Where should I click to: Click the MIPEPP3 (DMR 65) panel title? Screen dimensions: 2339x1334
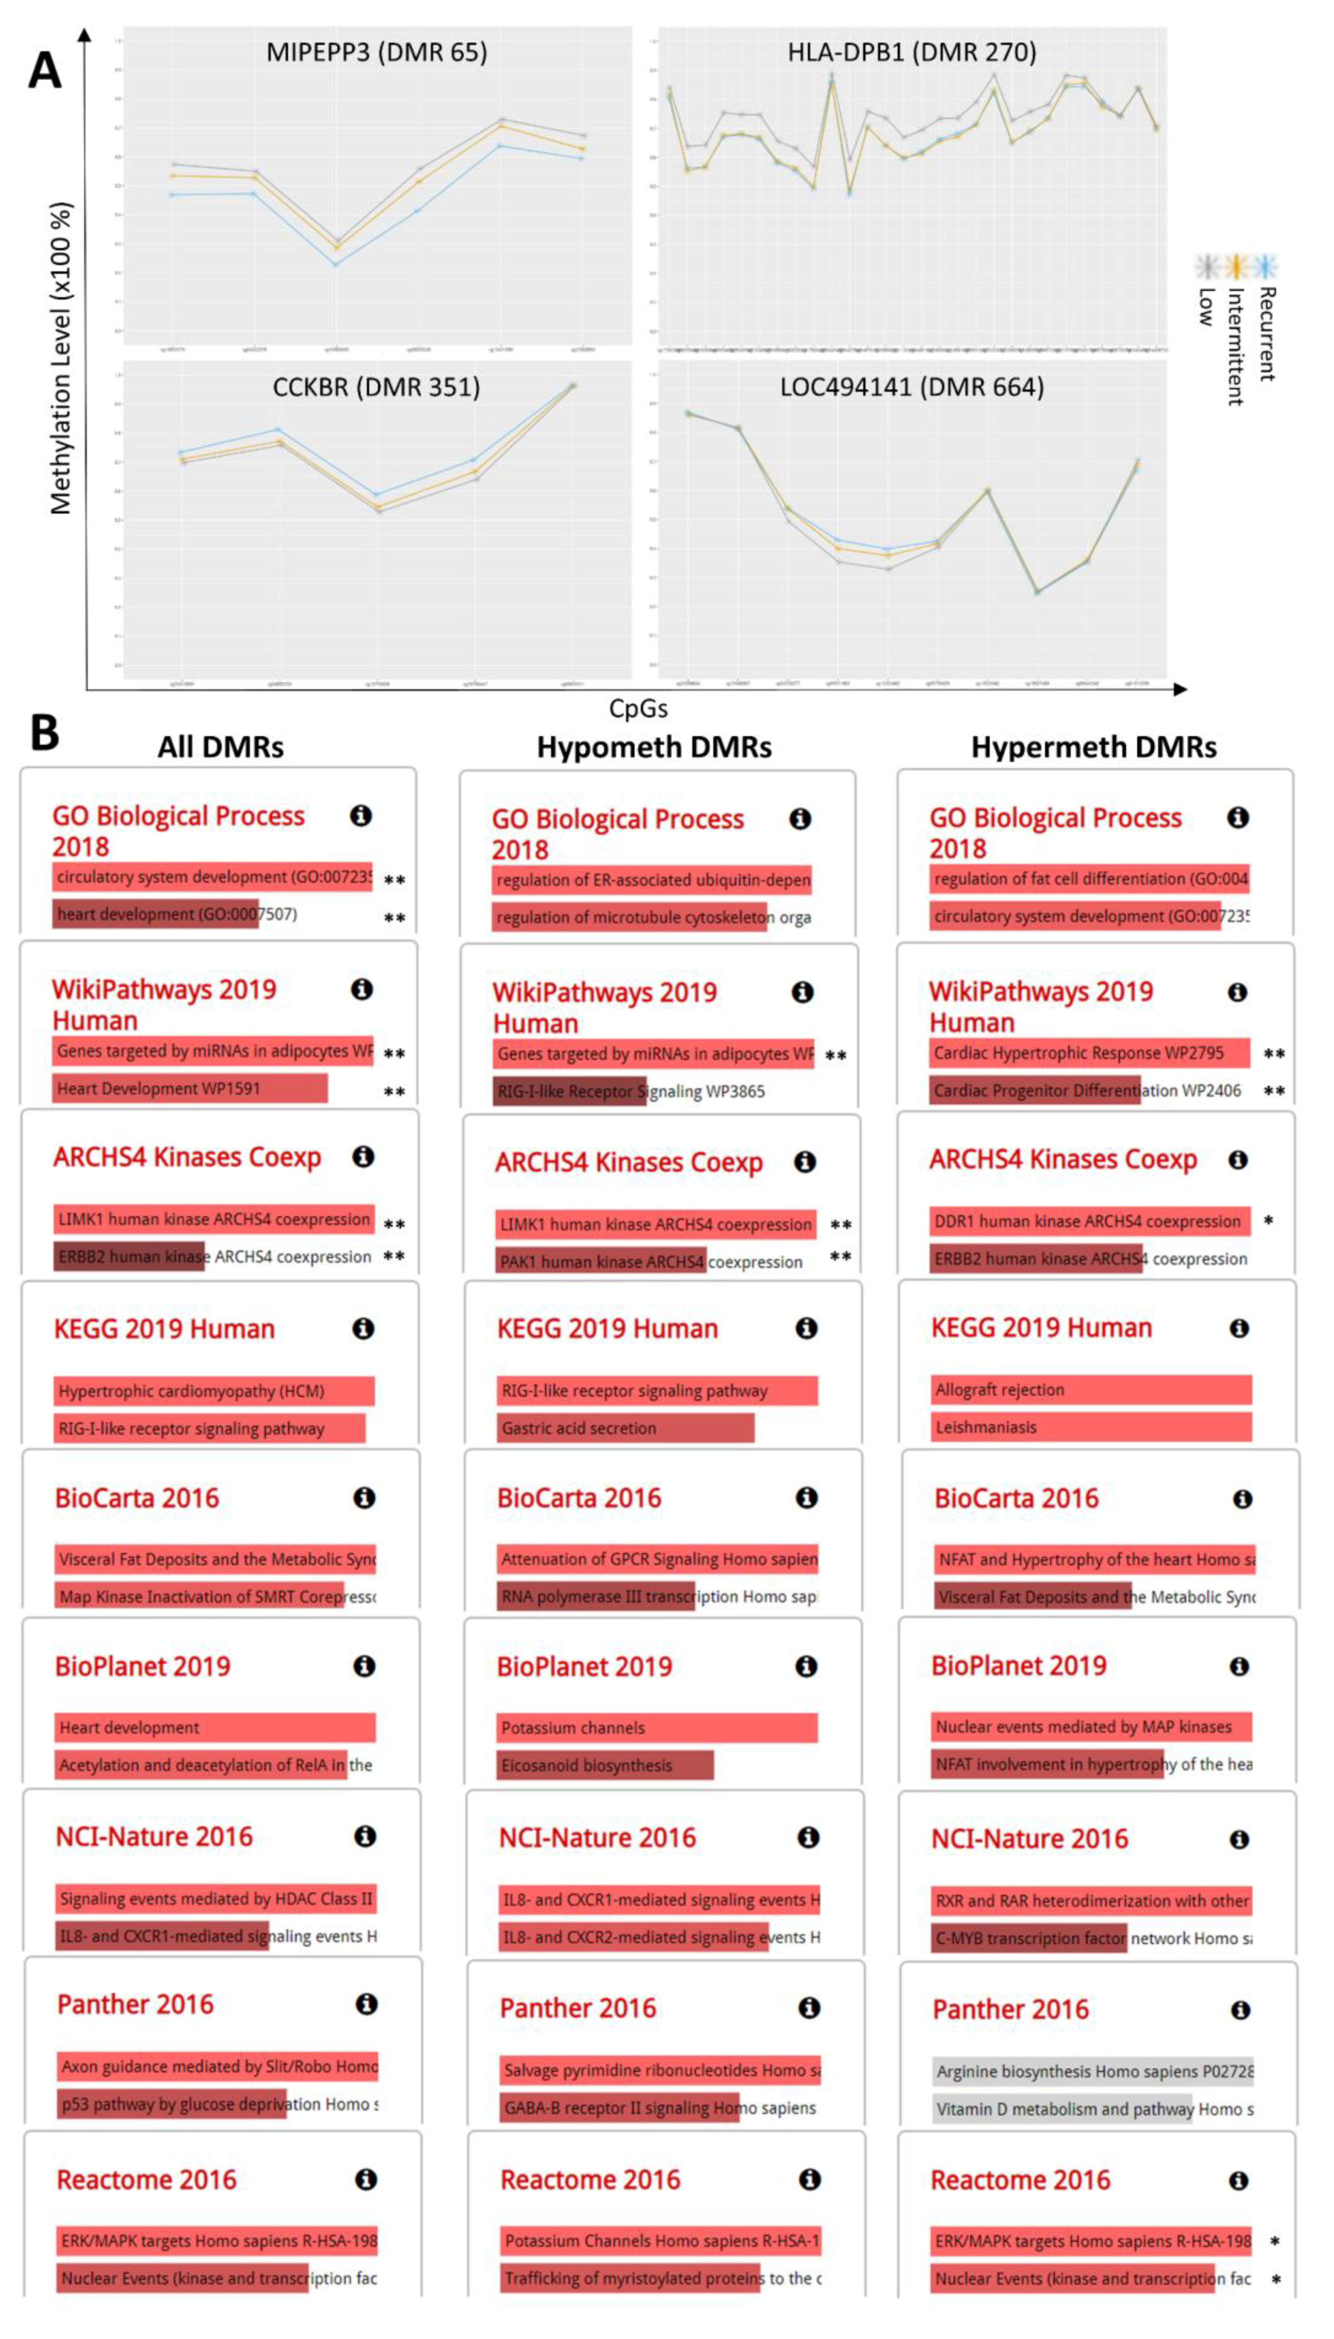(377, 52)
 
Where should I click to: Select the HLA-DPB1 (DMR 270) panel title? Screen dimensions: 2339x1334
(912, 52)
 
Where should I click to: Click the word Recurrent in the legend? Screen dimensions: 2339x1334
(1266, 334)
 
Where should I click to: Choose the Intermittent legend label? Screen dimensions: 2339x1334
(1235, 347)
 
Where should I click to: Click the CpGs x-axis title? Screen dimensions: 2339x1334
(639, 709)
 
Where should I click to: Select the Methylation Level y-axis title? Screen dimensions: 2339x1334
(60, 357)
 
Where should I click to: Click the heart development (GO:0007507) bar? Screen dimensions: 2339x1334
(156, 914)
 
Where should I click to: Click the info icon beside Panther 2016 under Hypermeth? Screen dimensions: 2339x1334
(1240, 2010)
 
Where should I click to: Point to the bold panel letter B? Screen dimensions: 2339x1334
(44, 733)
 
